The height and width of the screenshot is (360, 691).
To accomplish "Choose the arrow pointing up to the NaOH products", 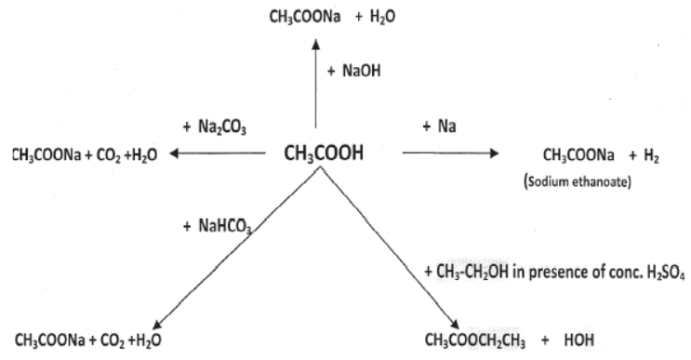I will [317, 84].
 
